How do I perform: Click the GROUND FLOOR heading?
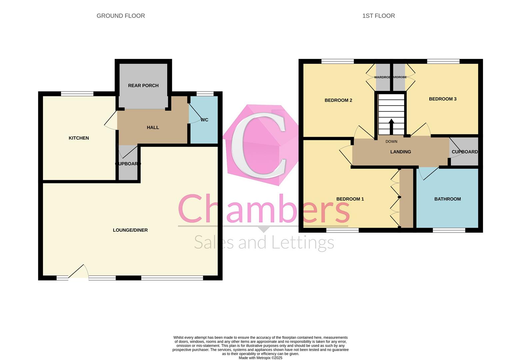(x=121, y=16)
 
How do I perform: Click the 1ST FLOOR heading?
(x=378, y=16)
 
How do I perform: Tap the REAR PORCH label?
(x=143, y=86)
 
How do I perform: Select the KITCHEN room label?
(x=79, y=138)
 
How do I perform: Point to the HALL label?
(x=153, y=127)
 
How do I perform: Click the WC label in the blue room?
(x=205, y=120)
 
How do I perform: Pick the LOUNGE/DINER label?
(x=130, y=230)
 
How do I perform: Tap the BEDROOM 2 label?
(x=338, y=100)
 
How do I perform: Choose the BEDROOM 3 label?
(x=442, y=99)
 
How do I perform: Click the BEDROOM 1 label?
(x=350, y=199)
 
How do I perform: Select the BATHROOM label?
(x=447, y=199)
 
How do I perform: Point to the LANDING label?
(x=400, y=152)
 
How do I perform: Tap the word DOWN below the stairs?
(x=391, y=142)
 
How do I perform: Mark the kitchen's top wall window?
(x=77, y=94)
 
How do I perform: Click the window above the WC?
(x=205, y=94)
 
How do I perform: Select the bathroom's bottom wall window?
(x=449, y=230)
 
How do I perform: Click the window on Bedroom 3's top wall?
(x=443, y=61)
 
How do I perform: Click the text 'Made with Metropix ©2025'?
(x=260, y=358)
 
